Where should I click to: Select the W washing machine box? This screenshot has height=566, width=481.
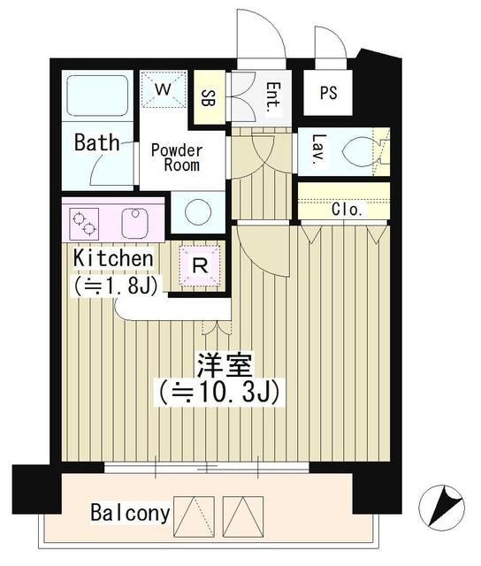pyautogui.click(x=164, y=89)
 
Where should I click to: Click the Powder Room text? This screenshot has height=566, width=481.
pyautogui.click(x=176, y=157)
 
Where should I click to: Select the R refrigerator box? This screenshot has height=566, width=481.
pyautogui.click(x=200, y=264)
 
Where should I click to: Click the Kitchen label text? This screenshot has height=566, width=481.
pyautogui.click(x=113, y=258)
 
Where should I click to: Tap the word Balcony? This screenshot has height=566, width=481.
pyautogui.click(x=129, y=512)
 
